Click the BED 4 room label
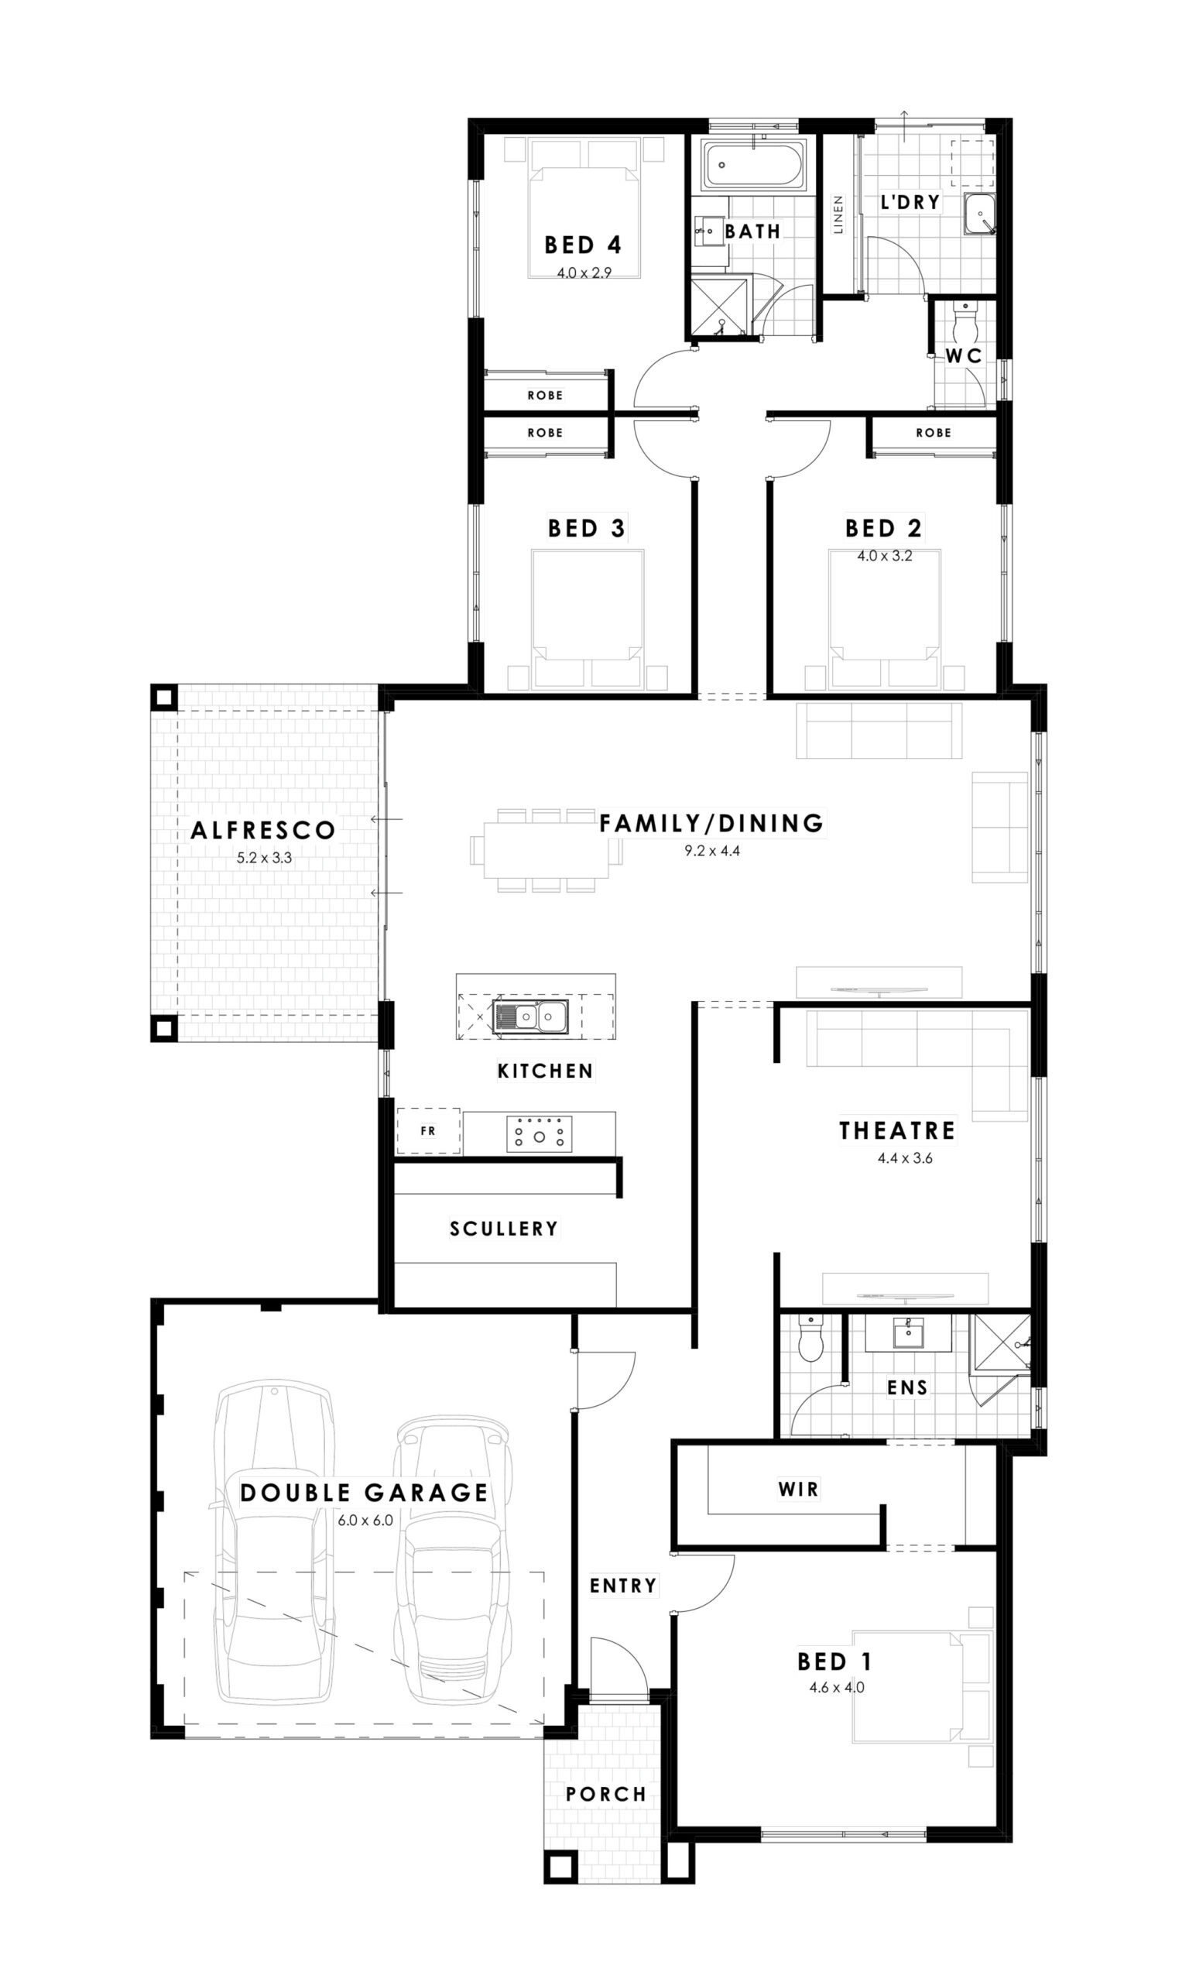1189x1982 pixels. click(582, 245)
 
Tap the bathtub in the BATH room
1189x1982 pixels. click(754, 166)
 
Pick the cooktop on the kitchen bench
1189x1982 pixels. click(540, 1133)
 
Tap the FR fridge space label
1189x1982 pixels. click(428, 1130)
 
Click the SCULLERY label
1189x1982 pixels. click(503, 1228)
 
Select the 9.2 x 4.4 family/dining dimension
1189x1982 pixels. click(711, 851)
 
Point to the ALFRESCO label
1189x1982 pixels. click(262, 830)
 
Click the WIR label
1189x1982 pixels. click(798, 1490)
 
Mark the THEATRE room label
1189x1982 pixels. click(897, 1130)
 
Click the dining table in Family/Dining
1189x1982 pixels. click(546, 850)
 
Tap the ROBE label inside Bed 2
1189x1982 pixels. click(934, 433)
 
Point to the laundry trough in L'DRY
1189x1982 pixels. click(979, 214)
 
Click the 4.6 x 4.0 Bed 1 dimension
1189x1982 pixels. click(837, 1687)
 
